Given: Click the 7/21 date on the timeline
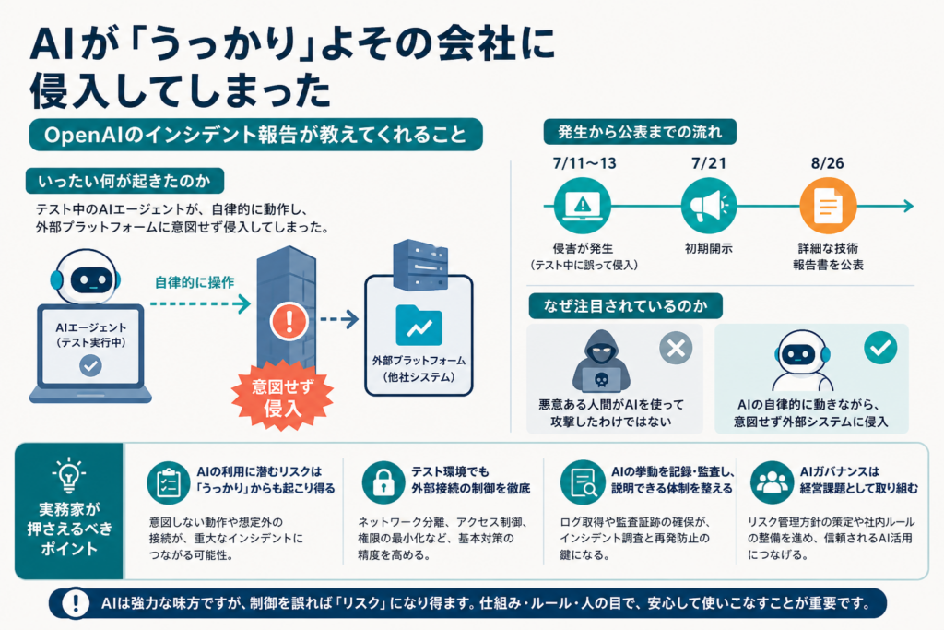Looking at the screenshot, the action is [x=709, y=163].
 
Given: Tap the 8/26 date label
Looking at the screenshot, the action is [x=827, y=163].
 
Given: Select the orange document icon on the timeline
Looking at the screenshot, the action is [x=828, y=206].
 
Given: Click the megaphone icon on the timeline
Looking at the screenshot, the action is [x=709, y=206].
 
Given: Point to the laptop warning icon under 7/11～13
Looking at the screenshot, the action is [x=583, y=206].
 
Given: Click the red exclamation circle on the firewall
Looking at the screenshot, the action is [x=289, y=321].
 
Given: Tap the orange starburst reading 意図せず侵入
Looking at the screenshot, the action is [x=282, y=397].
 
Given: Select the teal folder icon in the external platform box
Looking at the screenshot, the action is [x=419, y=326].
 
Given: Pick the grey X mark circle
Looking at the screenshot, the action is [x=676, y=348].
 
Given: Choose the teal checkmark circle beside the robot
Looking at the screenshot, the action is [x=880, y=348].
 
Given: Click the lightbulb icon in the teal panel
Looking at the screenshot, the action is [x=68, y=476].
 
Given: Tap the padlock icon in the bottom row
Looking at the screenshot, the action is [x=383, y=482].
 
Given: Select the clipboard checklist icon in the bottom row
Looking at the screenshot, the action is [x=169, y=482].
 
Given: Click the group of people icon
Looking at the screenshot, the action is [x=772, y=482].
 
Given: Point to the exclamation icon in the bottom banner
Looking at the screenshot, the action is [x=76, y=603].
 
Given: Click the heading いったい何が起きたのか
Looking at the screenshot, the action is [x=124, y=181].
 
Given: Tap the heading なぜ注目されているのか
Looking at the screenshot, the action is [x=626, y=306].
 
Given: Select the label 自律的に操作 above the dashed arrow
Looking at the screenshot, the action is [x=195, y=282].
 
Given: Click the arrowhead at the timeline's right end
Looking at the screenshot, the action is [x=908, y=206].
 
